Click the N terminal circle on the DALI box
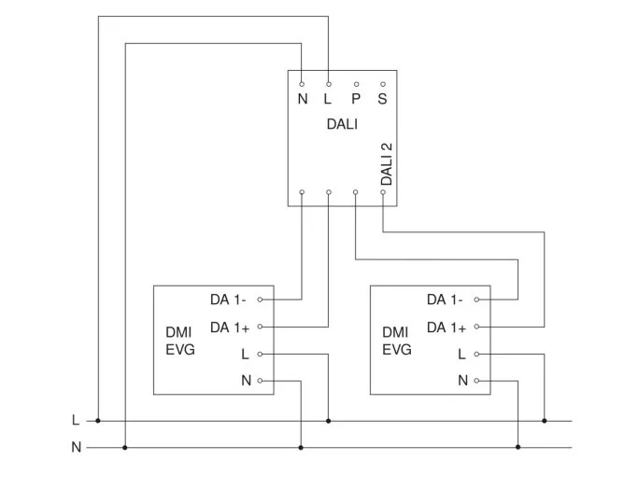coord(302,84)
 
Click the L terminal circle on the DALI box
coord(329,84)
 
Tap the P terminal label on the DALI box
coord(356,99)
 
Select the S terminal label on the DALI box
coord(383,99)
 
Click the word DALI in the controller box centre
coord(342,123)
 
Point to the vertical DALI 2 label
coord(387,163)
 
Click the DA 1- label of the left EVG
coord(228,300)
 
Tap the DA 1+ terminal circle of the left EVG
coord(260,327)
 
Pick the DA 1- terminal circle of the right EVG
coord(476,300)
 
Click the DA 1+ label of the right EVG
coord(446,328)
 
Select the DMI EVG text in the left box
coord(179,342)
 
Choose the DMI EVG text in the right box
coord(396,342)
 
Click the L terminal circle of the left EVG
coord(260,354)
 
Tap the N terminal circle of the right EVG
coord(476,381)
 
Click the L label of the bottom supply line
coord(76,420)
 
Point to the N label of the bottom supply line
coord(76,448)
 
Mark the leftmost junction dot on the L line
coord(98,421)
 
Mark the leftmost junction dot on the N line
coord(125,448)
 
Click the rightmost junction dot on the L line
coord(545,421)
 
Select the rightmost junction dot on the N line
coord(518,448)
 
